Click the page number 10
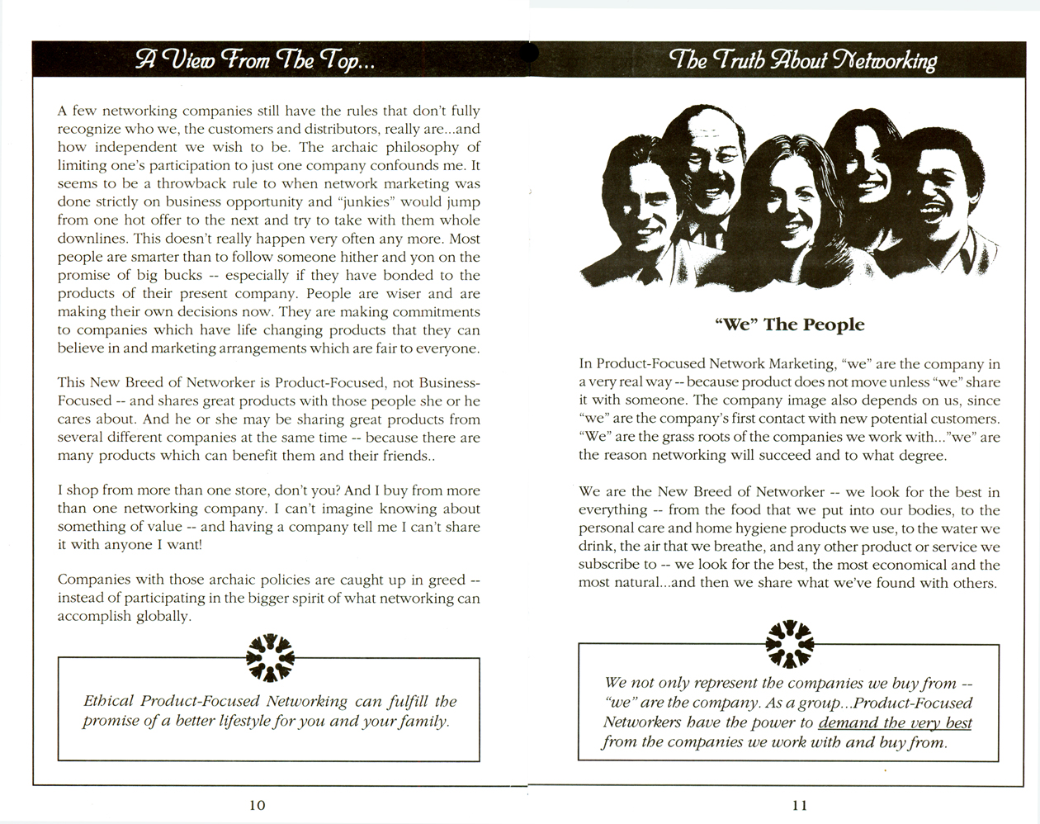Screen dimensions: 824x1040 pos(257,805)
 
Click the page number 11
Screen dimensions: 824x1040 pos(799,805)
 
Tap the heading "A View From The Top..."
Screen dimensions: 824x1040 pos(255,60)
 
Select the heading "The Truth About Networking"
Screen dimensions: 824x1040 pos(802,60)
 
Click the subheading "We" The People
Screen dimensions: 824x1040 pos(789,324)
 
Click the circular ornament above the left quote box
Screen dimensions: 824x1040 pos(270,657)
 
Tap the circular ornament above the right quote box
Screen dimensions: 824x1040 pos(790,642)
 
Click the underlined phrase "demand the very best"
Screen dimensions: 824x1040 pos(895,723)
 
